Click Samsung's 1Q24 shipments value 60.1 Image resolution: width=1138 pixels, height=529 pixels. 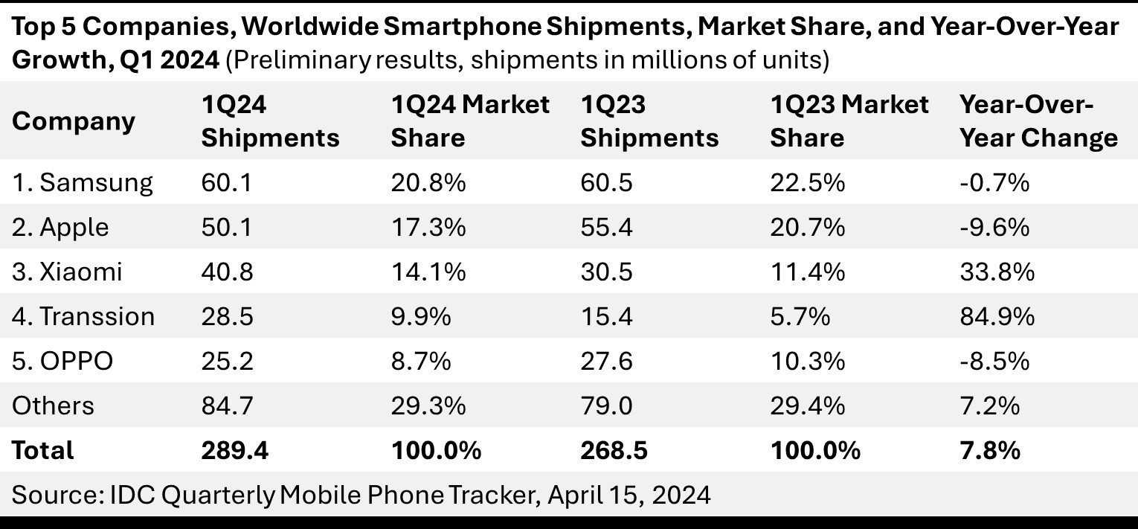coord(227,182)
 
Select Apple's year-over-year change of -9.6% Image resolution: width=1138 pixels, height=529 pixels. coord(994,227)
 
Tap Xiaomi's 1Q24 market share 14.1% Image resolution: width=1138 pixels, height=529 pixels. coord(428,272)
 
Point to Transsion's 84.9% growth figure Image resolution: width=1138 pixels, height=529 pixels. coord(997,316)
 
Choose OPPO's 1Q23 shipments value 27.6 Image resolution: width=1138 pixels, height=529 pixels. coord(606,361)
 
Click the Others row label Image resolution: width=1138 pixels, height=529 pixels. coord(53,405)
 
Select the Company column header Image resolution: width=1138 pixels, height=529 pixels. coord(74,121)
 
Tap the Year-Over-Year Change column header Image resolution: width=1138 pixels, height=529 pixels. coord(1038,121)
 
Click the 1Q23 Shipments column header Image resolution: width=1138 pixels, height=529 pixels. coord(649,121)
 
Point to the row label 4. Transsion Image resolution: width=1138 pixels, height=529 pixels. coord(83,316)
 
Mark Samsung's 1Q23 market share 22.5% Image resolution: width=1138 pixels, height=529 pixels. coord(807,182)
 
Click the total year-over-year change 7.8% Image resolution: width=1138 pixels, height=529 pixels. coord(989,450)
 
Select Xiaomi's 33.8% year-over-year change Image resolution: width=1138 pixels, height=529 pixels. coord(997,272)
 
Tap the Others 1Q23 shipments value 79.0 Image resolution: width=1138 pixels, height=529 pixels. coord(606,405)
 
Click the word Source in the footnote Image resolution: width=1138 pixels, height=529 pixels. coord(48,495)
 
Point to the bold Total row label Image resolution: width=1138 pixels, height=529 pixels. coord(42,450)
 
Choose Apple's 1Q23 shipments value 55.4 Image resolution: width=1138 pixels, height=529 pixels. coord(606,227)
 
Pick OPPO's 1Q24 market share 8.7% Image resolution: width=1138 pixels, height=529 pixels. coord(420,361)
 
